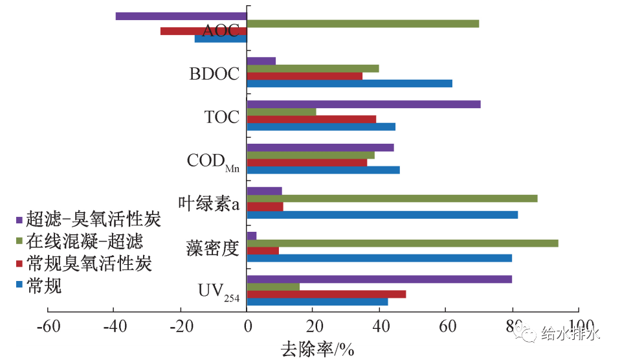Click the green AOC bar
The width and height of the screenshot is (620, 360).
coord(363,24)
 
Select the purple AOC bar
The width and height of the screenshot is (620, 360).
coord(181,16)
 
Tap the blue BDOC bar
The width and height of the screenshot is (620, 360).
coord(349,84)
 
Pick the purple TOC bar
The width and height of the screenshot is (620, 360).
coord(364,104)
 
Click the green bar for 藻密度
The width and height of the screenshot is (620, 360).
coord(403,243)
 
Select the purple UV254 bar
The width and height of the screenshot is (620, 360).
coord(379,279)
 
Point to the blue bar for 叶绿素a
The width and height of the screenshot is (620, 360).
coord(382,214)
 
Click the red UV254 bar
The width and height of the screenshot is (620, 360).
coord(326,294)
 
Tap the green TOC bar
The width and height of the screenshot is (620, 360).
coord(282,112)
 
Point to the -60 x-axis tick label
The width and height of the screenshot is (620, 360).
coord(48,326)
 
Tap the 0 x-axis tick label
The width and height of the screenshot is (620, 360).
coord(247,326)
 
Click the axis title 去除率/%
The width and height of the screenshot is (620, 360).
coord(317,350)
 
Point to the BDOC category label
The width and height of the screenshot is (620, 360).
coord(214,74)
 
